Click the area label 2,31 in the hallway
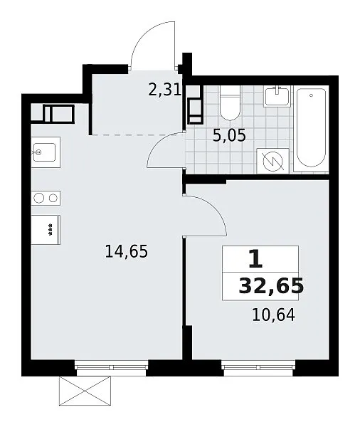pyautogui.click(x=165, y=90)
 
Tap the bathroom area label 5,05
pyautogui.click(x=229, y=135)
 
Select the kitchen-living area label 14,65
pyautogui.click(x=127, y=251)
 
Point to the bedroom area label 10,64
pyautogui.click(x=274, y=315)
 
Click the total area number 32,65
pyautogui.click(x=271, y=286)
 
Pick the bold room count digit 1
pyautogui.click(x=255, y=259)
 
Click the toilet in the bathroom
pyautogui.click(x=230, y=103)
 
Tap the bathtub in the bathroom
pyautogui.click(x=311, y=128)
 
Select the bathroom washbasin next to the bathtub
pyautogui.click(x=277, y=96)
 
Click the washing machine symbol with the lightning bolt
pyautogui.click(x=273, y=161)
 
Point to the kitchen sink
pyautogui.click(x=46, y=152)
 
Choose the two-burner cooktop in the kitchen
pyautogui.click(x=46, y=198)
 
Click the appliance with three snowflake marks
pyautogui.click(x=46, y=230)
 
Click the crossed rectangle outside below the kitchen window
pyautogui.click(x=85, y=391)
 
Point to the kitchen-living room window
pyautogui.click(x=112, y=367)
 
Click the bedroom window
pyautogui.click(x=258, y=367)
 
